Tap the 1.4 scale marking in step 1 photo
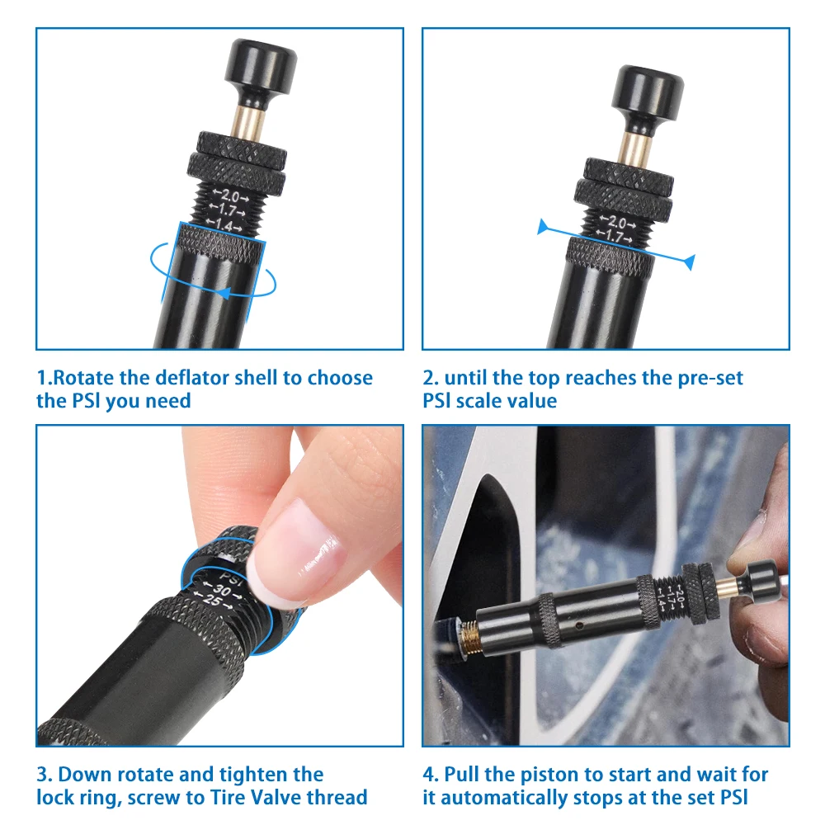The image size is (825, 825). [x=224, y=225]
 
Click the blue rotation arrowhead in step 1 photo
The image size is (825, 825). [x=224, y=293]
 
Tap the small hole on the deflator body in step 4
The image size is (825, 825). [x=579, y=625]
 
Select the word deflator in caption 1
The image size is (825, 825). [x=192, y=378]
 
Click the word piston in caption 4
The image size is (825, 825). [x=549, y=775]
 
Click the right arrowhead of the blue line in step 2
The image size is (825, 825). [x=689, y=262]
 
